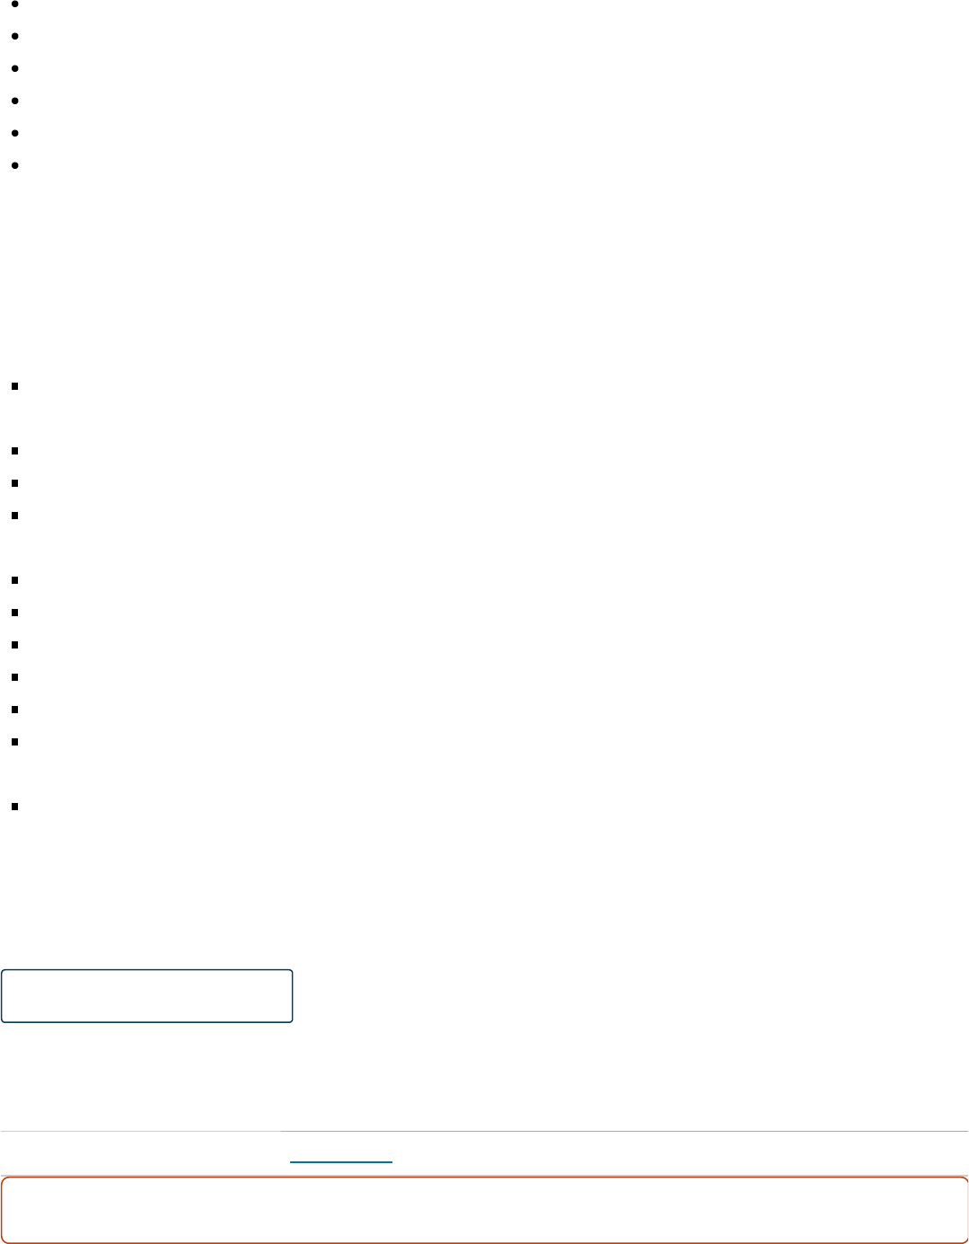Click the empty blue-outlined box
147,995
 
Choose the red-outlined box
484,1210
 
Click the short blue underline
341,1162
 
